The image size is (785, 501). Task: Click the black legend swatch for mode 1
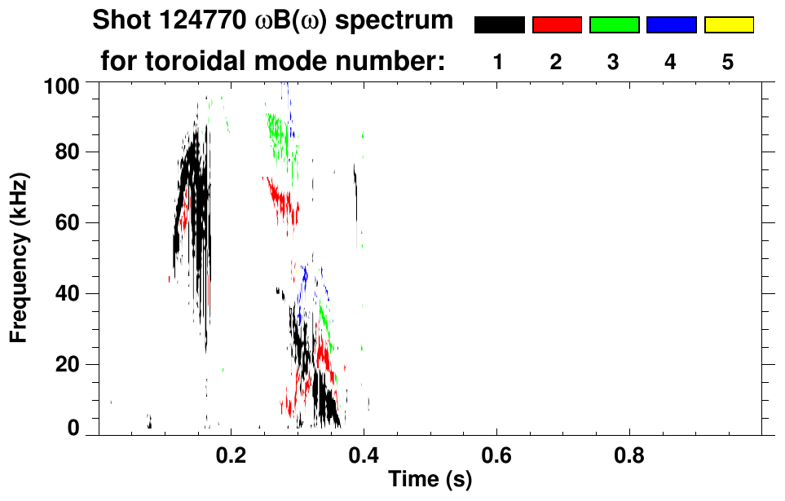click(x=500, y=25)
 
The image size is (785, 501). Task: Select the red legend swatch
click(x=557, y=25)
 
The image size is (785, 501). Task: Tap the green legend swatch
click(x=614, y=25)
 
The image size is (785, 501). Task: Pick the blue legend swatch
click(x=671, y=25)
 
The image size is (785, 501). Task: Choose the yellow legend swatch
click(x=728, y=25)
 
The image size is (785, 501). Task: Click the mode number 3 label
click(x=614, y=63)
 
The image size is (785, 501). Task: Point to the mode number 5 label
click(x=728, y=63)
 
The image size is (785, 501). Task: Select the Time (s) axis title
click(x=430, y=481)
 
